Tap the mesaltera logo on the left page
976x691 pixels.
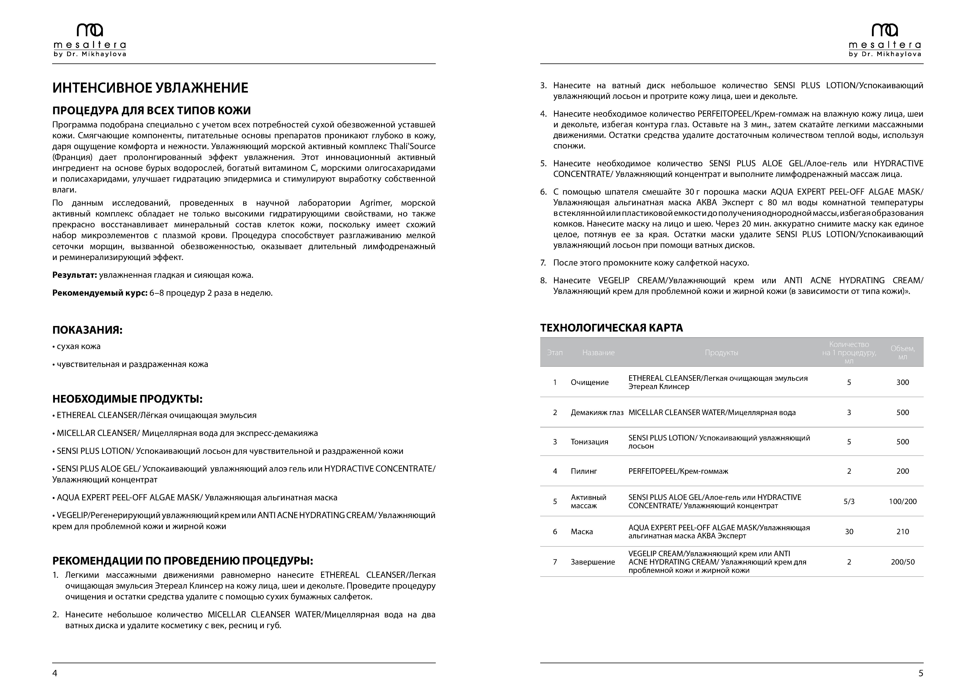click(x=90, y=40)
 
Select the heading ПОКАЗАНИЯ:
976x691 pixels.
click(x=87, y=330)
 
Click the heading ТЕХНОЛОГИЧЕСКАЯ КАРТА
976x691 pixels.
click(x=611, y=328)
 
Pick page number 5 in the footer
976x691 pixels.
click(x=921, y=673)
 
